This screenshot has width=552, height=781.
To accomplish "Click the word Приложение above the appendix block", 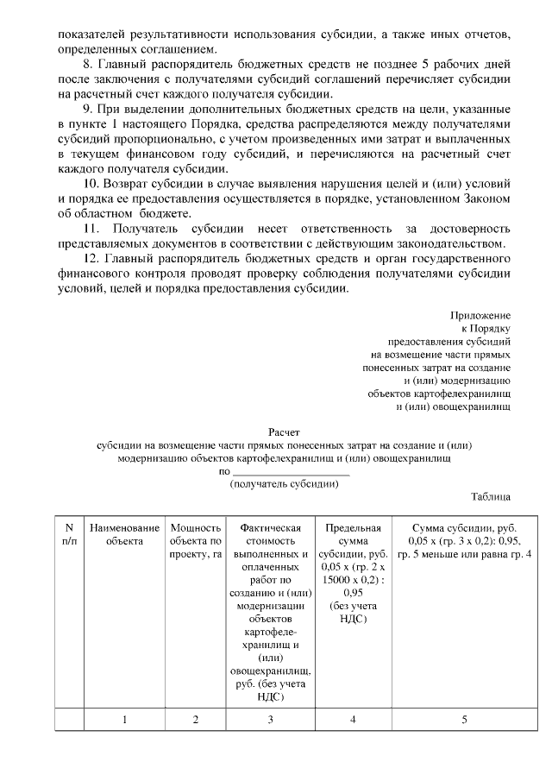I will point(480,315).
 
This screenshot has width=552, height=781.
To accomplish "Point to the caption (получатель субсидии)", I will point(283,486).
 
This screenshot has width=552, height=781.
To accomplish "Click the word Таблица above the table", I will point(491,498).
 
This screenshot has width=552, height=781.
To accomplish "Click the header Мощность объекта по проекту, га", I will point(195,540).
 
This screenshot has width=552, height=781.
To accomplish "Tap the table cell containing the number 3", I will point(270,720).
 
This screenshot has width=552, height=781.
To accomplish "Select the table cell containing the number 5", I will point(464,720).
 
